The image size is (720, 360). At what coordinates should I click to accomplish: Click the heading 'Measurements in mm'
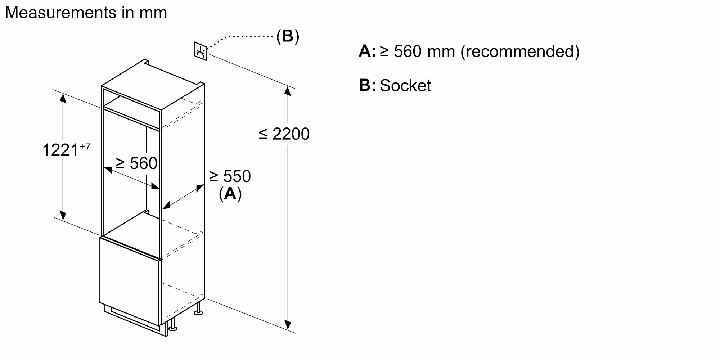86,13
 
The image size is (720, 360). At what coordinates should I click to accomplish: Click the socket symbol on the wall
201,51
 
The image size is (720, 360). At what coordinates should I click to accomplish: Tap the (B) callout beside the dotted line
288,36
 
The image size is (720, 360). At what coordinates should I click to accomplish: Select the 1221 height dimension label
60,150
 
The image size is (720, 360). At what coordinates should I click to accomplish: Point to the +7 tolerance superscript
85,147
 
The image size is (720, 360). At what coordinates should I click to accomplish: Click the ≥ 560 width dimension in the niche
136,163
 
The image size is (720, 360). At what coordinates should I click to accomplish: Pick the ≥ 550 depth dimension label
230,176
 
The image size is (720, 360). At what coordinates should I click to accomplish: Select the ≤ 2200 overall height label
284,134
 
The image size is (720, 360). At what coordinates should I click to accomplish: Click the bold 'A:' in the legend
367,51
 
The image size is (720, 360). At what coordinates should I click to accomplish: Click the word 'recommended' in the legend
520,51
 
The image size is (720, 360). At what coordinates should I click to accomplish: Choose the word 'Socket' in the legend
405,86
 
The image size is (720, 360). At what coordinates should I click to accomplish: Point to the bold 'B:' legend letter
367,85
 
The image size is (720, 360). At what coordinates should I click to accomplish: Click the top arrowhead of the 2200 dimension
287,91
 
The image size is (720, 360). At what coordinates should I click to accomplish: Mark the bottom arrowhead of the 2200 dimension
287,325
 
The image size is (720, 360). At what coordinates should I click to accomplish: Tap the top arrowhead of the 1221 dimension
63,98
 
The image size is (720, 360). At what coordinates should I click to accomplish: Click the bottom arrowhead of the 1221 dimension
63,215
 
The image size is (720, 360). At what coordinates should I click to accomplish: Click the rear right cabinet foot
198,310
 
